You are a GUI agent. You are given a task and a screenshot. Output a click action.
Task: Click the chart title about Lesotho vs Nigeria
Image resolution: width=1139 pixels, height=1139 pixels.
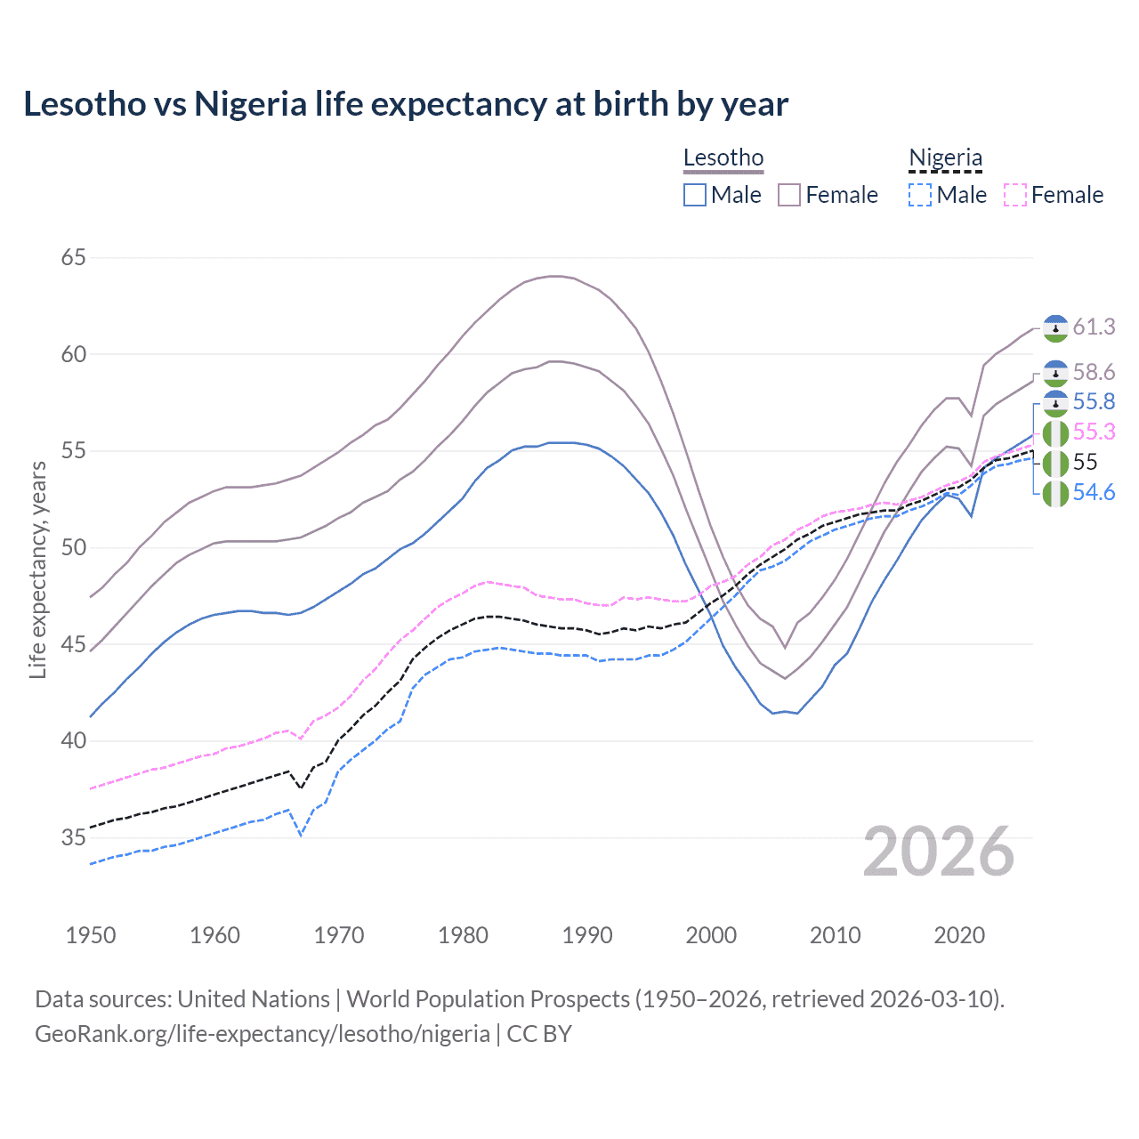406,104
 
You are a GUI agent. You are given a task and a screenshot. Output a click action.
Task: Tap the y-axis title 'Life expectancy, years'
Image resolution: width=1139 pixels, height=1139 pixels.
37,569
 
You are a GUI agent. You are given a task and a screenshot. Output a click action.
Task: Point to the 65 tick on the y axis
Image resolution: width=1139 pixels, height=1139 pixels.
74,258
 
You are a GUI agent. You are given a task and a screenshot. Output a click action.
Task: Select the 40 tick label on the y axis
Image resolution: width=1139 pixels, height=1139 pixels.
74,741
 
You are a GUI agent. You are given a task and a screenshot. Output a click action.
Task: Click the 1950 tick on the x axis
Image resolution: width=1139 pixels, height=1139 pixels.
91,935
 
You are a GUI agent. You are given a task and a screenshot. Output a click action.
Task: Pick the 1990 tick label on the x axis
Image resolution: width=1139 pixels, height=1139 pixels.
587,935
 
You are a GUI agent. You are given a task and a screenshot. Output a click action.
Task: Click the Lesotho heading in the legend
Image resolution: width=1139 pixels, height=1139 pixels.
723,158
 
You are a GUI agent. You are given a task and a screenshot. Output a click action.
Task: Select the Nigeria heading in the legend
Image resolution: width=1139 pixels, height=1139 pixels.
945,158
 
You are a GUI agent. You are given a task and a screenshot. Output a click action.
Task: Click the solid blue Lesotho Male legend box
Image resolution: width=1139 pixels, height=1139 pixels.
695,195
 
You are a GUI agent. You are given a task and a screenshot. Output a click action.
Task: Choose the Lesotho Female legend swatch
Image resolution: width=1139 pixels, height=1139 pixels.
789,195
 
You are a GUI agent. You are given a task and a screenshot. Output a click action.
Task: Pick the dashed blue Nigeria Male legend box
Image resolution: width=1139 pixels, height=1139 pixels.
920,195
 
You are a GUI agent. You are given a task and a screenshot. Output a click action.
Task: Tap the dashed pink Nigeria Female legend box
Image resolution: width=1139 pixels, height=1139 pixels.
1015,195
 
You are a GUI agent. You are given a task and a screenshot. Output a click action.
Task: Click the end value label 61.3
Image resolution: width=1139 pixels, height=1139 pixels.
1094,327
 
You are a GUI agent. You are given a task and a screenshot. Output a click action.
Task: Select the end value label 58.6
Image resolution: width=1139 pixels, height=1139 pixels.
1094,372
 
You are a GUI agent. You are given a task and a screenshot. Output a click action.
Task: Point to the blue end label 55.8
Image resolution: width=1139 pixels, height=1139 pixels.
1094,402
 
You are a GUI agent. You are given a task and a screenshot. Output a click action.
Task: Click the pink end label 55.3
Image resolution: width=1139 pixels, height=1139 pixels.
1094,432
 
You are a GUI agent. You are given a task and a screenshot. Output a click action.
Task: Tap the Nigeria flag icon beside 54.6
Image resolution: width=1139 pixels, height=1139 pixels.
1055,493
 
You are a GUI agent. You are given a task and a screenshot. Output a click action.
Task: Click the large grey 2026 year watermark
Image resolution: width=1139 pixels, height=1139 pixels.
939,852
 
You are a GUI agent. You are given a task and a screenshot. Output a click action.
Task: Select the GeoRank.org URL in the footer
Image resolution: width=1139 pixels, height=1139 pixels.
263,1034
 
